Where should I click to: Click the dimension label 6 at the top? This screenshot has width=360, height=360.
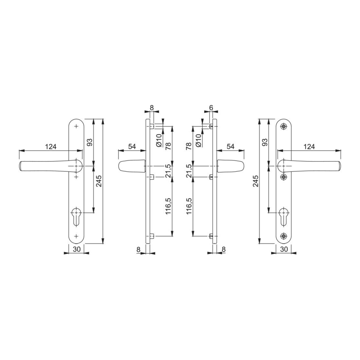pos(211,107)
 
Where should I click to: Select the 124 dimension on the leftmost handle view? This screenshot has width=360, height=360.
pos(50,147)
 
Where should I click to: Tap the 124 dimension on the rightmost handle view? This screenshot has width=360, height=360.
pos(309,147)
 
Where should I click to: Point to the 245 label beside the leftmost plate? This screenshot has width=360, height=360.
pos(99,181)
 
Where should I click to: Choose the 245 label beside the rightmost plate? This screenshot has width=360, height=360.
pos(256,181)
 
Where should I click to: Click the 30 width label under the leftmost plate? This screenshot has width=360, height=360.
pos(77,249)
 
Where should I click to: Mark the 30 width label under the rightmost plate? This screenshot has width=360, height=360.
pos(284,249)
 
